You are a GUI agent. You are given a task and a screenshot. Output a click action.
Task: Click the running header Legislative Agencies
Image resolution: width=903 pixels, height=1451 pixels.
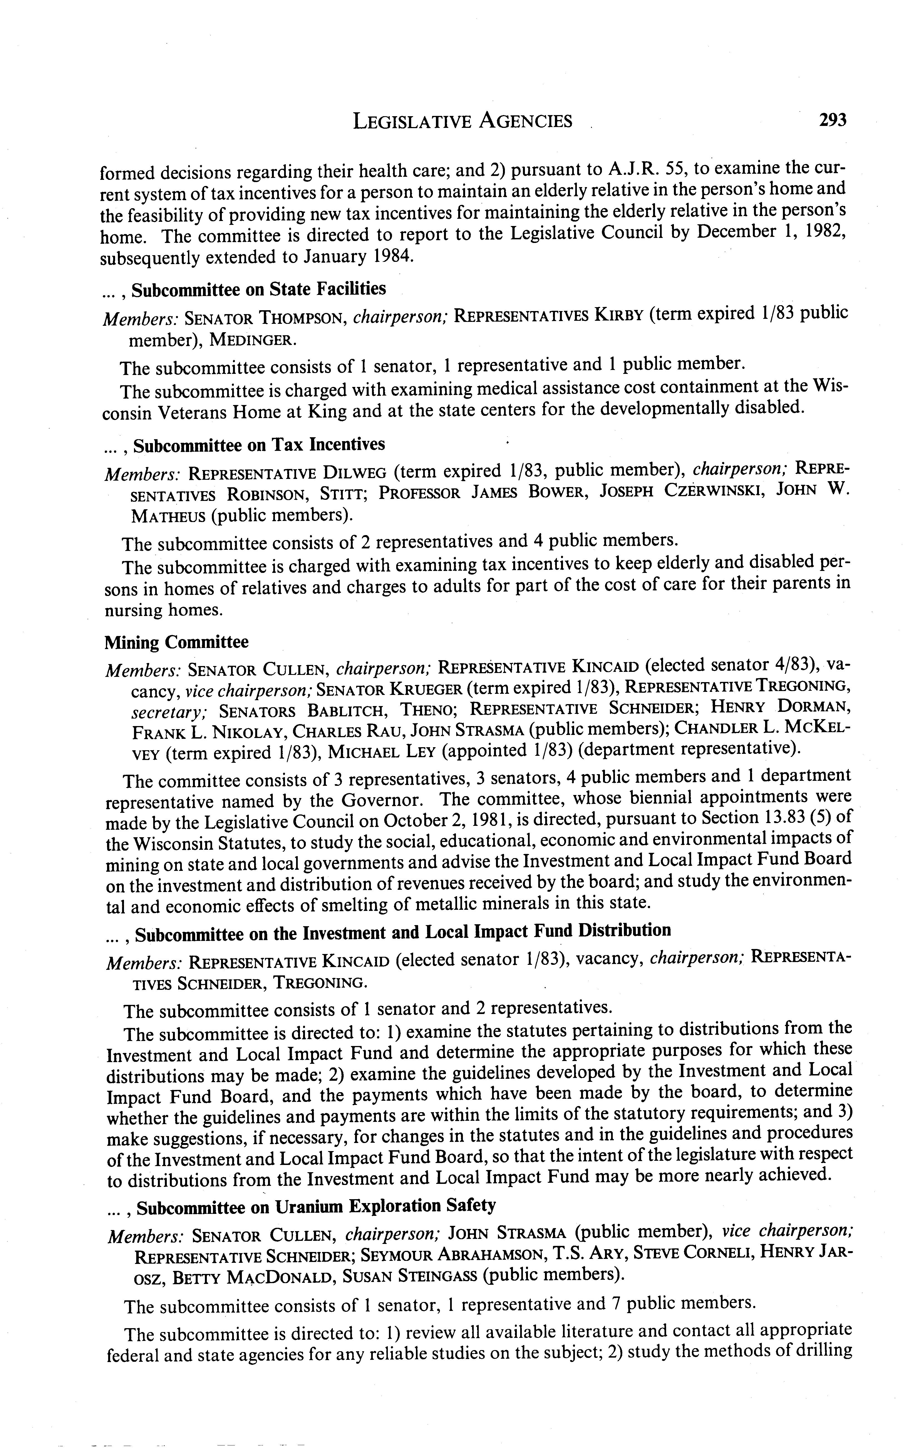(x=463, y=122)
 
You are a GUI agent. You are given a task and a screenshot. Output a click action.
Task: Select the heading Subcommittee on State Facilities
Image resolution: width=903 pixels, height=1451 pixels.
(x=259, y=289)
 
